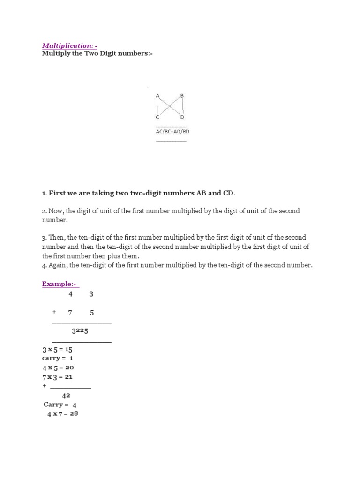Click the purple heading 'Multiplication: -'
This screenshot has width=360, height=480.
click(70, 45)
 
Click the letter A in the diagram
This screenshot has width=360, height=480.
click(158, 96)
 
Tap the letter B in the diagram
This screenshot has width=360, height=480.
click(182, 96)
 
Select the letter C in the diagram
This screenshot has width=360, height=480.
click(158, 117)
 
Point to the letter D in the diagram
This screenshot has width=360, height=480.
click(182, 117)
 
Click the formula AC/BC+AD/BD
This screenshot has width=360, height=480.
click(172, 132)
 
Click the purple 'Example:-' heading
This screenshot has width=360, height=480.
click(60, 284)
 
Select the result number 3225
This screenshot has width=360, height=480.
click(80, 331)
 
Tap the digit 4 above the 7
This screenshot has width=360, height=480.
click(71, 294)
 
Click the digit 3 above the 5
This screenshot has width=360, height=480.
click(91, 294)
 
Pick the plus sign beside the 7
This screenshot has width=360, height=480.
click(54, 313)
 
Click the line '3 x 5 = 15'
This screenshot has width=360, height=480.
click(57, 349)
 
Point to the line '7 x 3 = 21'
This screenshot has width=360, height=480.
click(57, 377)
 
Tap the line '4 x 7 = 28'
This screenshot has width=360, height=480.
click(62, 414)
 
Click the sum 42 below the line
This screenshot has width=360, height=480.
click(66, 396)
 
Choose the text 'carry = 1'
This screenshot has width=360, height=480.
click(58, 358)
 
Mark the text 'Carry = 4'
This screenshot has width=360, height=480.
click(60, 405)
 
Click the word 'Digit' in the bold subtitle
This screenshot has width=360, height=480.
click(97, 54)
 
